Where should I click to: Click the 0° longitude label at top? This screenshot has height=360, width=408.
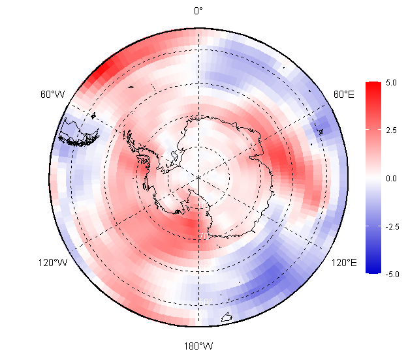198,10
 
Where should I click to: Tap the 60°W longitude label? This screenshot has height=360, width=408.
52,95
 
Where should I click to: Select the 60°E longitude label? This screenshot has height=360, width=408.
344,95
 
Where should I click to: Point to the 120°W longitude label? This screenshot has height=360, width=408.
52,263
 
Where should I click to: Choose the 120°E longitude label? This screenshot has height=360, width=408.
343,263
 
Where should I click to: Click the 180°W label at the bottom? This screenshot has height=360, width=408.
198,345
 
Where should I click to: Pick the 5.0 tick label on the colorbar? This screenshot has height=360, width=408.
392,83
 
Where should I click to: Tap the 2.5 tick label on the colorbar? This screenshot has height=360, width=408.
392,130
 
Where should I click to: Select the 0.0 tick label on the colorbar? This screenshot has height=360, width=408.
392,178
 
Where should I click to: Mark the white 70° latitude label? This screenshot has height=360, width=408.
204,236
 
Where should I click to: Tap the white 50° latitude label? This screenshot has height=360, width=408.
206,301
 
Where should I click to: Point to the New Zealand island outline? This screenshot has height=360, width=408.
227,318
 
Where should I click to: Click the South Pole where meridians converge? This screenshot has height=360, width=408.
198,176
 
